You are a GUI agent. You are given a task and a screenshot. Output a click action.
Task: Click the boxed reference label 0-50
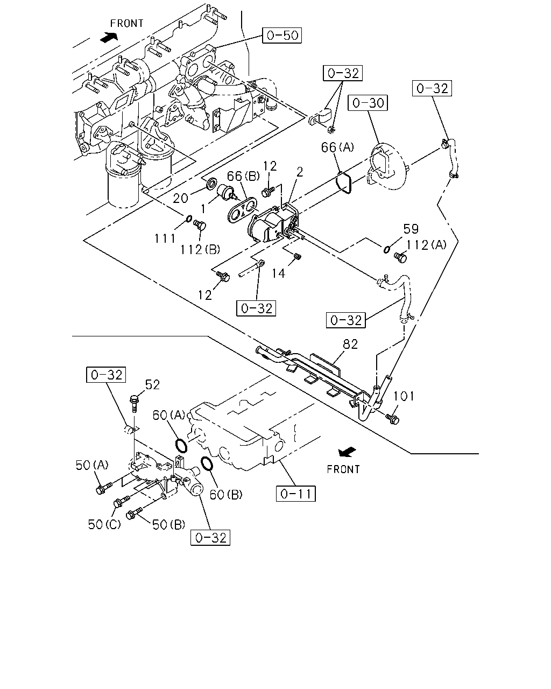(x=282, y=35)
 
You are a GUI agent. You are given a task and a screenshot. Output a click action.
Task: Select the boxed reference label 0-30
(x=368, y=103)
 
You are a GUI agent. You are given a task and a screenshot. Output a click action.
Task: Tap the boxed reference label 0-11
(x=296, y=494)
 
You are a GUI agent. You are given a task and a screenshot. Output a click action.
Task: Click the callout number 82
(x=350, y=344)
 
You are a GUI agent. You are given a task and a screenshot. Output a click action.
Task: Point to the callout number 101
(x=404, y=396)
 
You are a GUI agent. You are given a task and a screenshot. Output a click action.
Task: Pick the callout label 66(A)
(x=337, y=147)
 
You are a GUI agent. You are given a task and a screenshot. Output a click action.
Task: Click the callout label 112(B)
(x=200, y=250)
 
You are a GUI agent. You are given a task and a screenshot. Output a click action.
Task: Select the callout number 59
(x=411, y=229)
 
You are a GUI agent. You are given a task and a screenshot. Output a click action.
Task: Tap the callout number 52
(x=152, y=384)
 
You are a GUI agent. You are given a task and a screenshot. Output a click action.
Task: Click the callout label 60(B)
(x=225, y=495)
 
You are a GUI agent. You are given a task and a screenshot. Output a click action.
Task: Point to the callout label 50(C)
(x=104, y=524)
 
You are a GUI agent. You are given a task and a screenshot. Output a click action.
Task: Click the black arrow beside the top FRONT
(x=109, y=37)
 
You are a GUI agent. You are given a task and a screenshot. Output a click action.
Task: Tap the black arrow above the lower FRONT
(x=347, y=452)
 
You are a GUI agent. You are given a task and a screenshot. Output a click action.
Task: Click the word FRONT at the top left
(x=127, y=23)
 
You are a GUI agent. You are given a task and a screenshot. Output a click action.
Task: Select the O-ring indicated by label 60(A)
(x=181, y=446)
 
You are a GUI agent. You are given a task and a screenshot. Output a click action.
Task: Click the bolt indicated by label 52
(x=134, y=404)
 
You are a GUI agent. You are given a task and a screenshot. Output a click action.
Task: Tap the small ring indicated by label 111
(x=189, y=219)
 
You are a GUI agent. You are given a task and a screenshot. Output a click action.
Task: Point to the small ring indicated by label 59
(x=387, y=249)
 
